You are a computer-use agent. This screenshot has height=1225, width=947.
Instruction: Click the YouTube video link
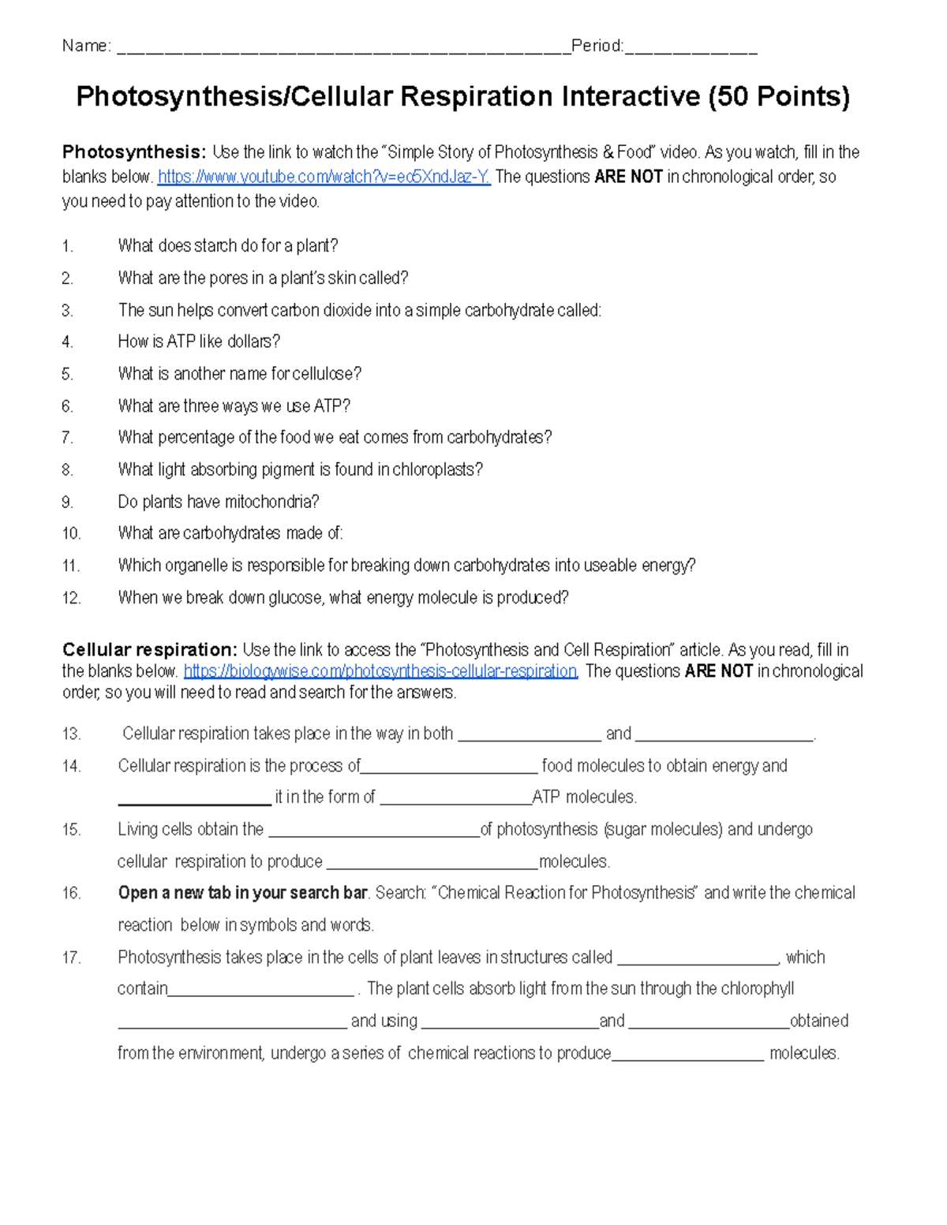tap(324, 177)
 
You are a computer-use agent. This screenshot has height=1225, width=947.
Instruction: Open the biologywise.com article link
tap(380, 671)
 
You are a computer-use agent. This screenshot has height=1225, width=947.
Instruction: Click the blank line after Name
tap(343, 49)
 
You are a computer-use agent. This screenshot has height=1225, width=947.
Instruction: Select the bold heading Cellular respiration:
tap(149, 650)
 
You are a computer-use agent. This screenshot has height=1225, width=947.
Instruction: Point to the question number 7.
tap(68, 438)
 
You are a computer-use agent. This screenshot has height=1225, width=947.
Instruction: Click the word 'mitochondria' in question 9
tap(272, 502)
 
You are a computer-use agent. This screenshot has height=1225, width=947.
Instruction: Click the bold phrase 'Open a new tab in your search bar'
tap(242, 893)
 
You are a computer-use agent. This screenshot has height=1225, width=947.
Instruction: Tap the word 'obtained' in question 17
tap(819, 1021)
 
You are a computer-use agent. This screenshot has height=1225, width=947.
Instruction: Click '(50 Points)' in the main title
tap(779, 97)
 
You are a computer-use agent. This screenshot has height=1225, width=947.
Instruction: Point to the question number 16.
tap(71, 893)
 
